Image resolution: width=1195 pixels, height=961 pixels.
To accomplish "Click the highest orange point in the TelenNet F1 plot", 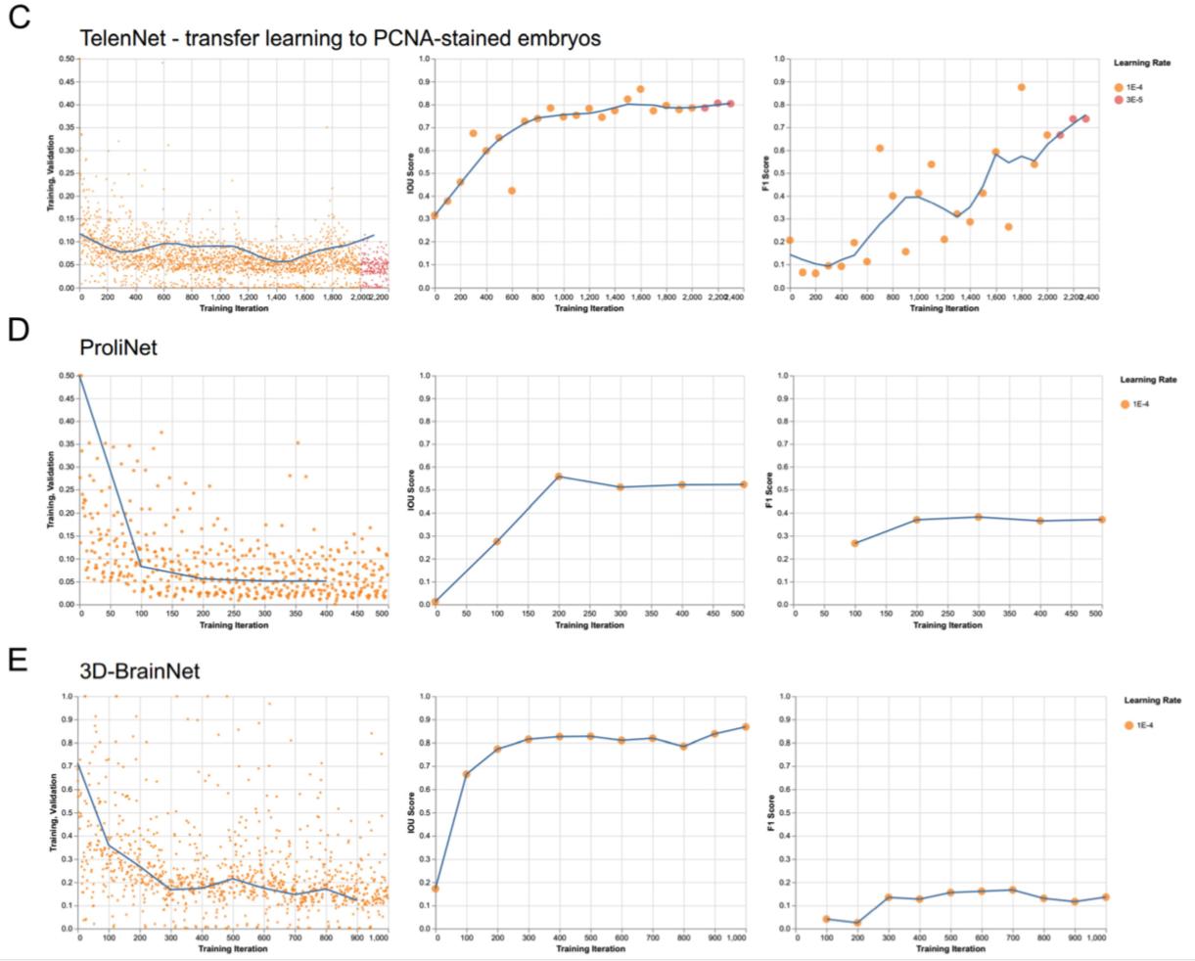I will click(1021, 87).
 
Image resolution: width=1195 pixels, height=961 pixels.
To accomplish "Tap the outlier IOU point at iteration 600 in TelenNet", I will click(512, 191).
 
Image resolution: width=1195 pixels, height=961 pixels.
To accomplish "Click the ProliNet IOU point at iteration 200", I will click(559, 477).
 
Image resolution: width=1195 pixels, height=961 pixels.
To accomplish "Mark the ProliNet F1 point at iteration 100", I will click(854, 543).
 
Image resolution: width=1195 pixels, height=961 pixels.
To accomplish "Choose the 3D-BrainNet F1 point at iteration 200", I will click(857, 923).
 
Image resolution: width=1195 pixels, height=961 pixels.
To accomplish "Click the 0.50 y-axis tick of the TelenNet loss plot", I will click(67, 59).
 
